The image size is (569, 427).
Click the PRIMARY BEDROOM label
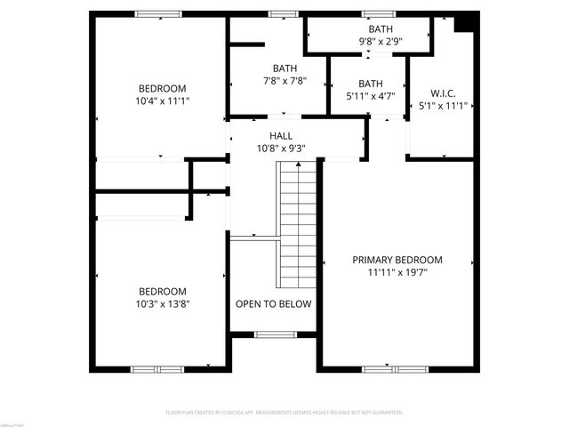[x=397, y=260]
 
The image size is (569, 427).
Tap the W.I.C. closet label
[x=443, y=93]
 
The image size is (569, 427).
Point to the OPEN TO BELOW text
[x=274, y=304]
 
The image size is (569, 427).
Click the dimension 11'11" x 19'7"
[x=397, y=273]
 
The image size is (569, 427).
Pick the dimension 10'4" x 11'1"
[x=163, y=101]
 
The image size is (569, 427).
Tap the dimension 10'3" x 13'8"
[x=163, y=303]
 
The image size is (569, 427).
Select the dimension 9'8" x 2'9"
[x=377, y=42]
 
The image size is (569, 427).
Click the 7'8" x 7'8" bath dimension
[x=285, y=81]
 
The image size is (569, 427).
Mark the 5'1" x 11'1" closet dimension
[x=443, y=105]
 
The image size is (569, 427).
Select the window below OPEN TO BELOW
[x=275, y=334]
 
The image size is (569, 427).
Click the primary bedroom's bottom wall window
[x=394, y=368]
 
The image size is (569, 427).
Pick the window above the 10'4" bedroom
[x=158, y=14]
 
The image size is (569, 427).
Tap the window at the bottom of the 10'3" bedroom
[x=157, y=368]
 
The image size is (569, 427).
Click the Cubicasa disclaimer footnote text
[x=284, y=413]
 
